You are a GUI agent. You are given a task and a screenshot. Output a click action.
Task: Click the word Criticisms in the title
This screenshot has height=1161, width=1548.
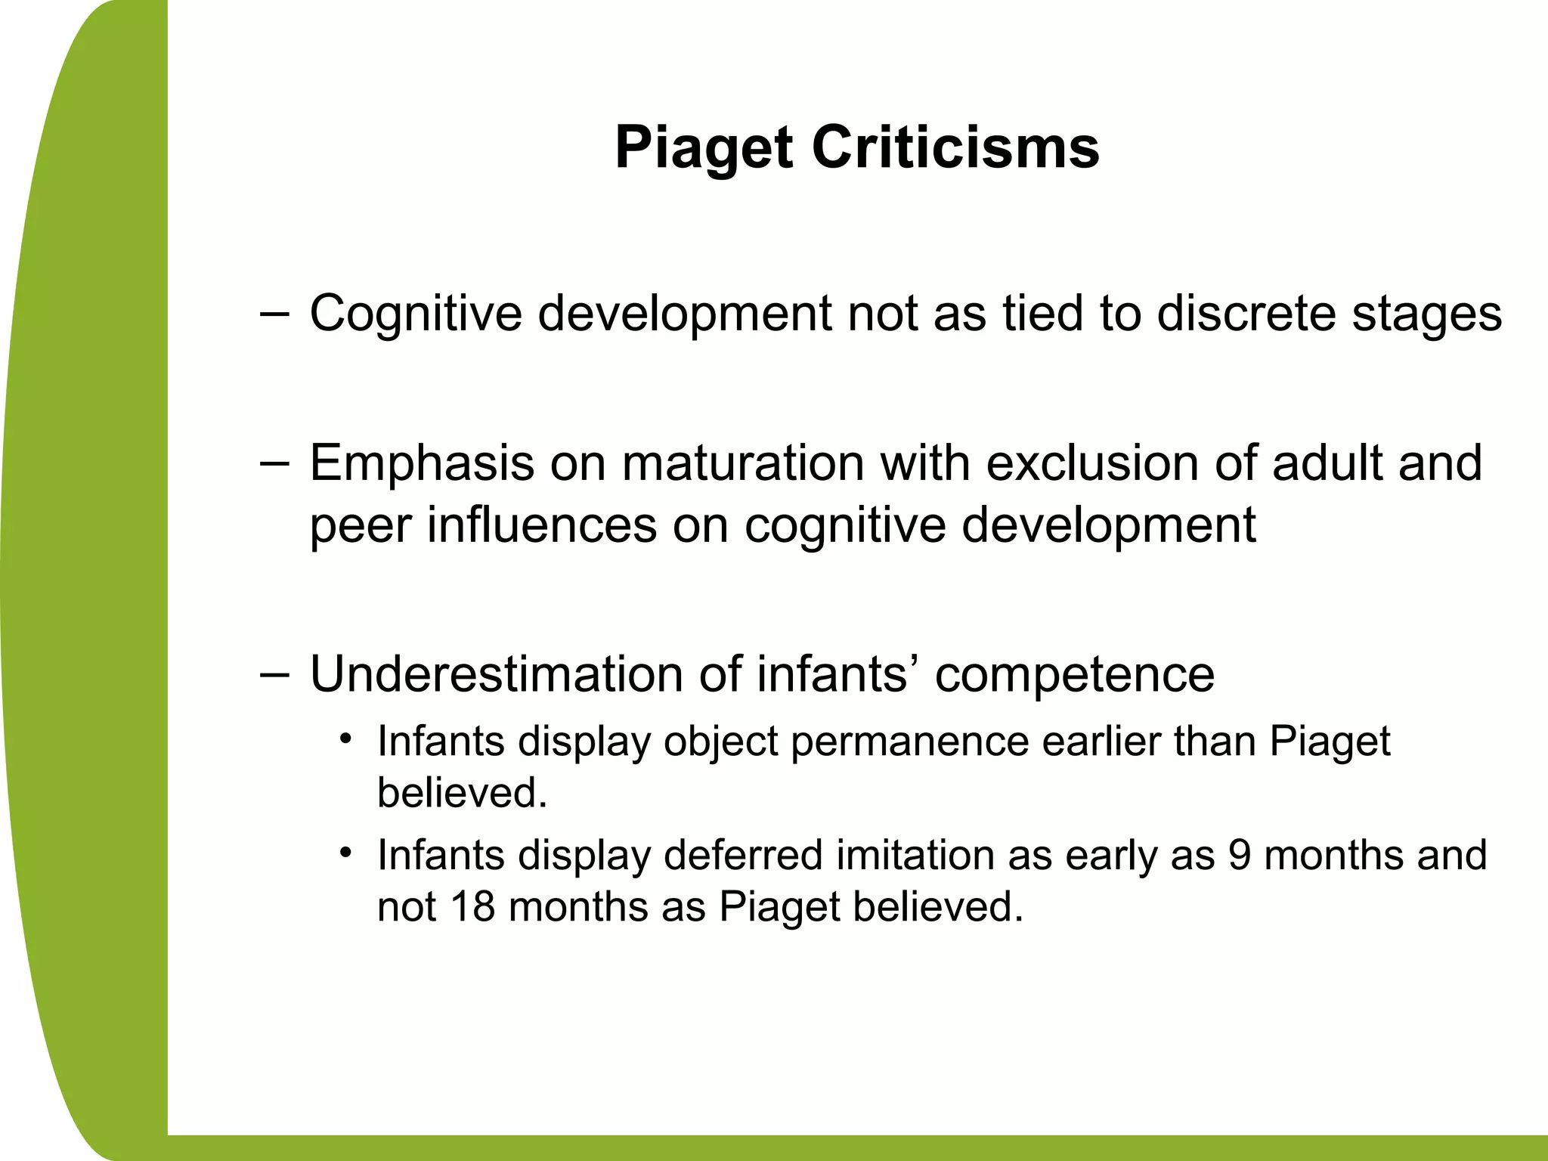coord(955,148)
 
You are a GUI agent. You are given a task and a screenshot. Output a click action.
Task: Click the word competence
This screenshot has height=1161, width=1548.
coord(1074,675)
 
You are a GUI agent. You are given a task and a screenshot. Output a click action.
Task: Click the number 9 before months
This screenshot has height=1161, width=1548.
coord(1240,856)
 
